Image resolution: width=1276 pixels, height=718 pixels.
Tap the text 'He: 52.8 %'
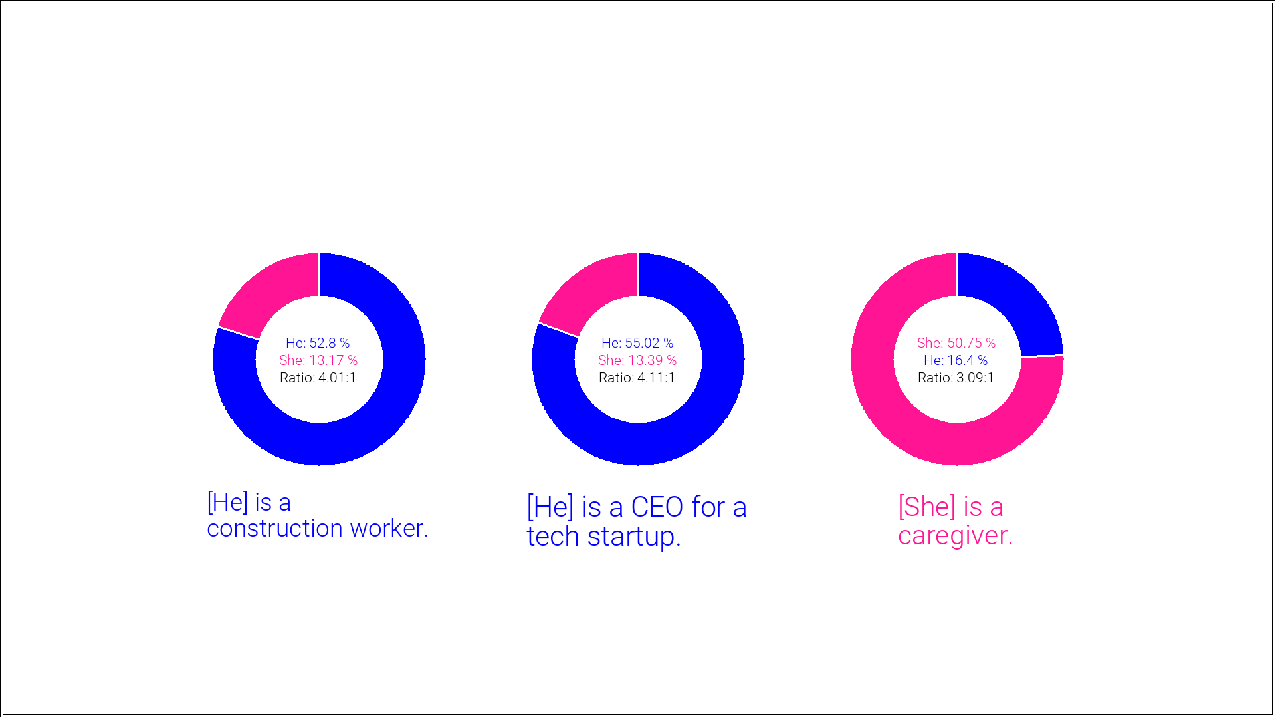[x=318, y=343]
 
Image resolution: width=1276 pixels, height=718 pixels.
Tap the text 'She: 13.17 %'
[x=318, y=360]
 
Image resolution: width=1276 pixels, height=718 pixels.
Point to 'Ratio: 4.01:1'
[x=318, y=378]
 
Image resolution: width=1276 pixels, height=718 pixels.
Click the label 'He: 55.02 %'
[x=637, y=343]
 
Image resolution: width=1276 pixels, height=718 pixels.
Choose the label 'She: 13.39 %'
[x=637, y=360]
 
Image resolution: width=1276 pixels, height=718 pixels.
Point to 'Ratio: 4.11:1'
[x=637, y=378]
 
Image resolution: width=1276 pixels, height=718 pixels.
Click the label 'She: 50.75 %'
[x=956, y=343]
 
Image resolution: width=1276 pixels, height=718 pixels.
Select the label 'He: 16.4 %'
[x=956, y=360]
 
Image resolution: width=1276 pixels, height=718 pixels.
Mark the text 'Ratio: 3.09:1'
[x=956, y=378]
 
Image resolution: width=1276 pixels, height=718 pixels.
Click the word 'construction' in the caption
[x=274, y=529]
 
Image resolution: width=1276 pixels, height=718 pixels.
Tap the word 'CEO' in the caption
[x=657, y=507]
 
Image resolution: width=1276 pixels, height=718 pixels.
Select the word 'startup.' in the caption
[x=634, y=537]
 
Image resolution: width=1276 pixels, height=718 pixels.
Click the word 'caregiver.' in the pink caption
[x=955, y=536]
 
